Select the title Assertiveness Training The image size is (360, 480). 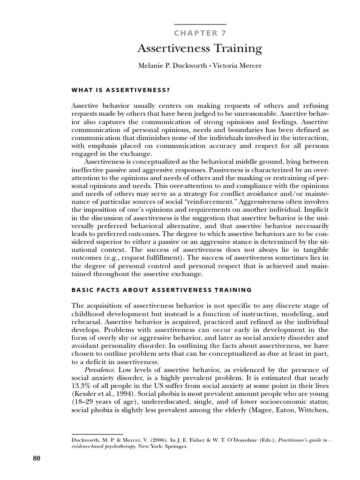199,49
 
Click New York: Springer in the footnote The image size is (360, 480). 153,446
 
